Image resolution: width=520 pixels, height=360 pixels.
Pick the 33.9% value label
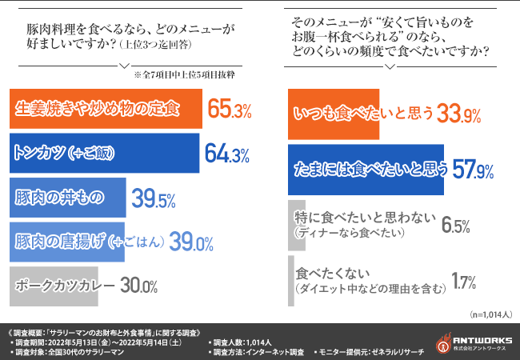point(459,115)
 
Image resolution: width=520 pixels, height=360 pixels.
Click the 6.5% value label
point(455,224)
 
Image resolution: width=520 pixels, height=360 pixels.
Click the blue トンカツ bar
point(104,154)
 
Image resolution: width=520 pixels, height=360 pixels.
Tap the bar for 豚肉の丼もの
point(67,198)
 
